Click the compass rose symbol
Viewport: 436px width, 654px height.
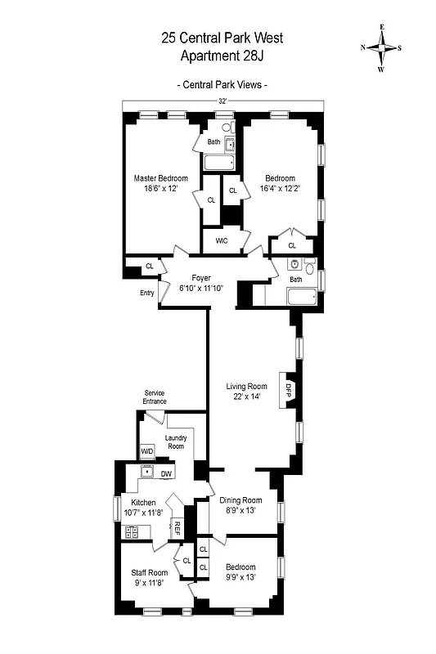381,48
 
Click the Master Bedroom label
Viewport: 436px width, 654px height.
161,178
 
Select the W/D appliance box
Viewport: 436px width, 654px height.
147,451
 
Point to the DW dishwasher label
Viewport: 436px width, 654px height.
166,473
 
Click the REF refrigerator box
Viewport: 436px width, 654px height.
176,528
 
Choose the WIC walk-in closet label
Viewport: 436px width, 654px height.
221,240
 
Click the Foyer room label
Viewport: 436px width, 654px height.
201,279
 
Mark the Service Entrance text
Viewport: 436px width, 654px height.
155,397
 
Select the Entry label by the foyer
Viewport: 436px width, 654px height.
146,293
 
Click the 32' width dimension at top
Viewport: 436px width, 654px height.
222,101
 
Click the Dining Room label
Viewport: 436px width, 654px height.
240,500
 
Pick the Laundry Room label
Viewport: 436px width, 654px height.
176,442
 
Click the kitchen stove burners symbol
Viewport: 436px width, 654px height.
132,532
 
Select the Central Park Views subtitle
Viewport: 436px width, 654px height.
222,85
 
